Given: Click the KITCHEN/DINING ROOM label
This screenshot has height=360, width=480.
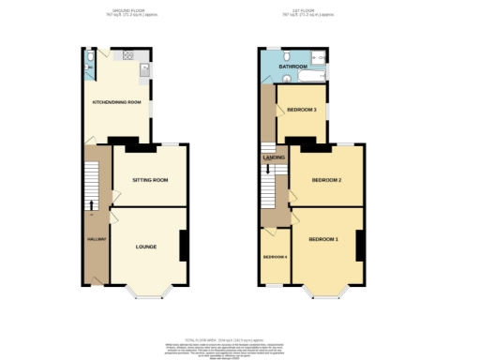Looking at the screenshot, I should (116, 101).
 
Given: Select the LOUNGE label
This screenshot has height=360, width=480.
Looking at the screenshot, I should (146, 247).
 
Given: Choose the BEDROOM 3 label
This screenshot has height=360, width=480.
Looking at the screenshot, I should (302, 109).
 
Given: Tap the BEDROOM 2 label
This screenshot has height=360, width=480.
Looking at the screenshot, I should (325, 179).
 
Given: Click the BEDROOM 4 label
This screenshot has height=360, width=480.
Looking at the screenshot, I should (274, 257).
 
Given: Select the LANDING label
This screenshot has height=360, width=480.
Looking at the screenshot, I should (274, 157).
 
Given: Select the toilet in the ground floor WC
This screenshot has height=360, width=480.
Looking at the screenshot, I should (87, 58).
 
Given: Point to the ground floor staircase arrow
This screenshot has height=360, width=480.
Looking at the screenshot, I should (91, 204).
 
